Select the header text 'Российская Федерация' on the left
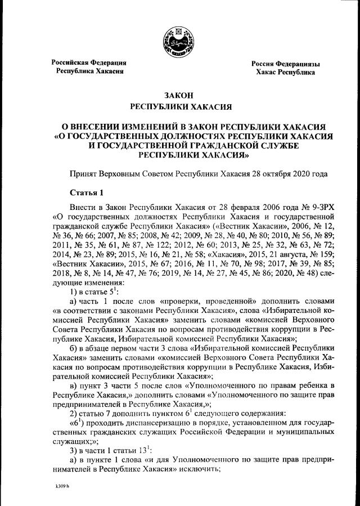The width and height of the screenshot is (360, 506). pos(89,62)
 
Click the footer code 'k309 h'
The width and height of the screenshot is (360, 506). pos(54,486)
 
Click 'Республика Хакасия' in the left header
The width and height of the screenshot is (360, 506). pos(89,71)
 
